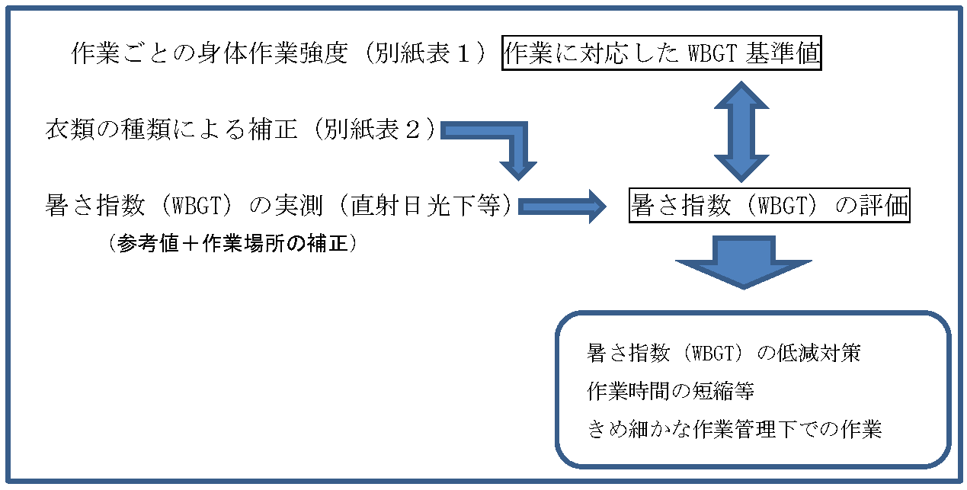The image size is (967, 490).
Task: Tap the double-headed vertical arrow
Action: [x=741, y=132]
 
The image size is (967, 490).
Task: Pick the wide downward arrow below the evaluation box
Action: [x=744, y=262]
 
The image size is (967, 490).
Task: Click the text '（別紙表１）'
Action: [x=425, y=53]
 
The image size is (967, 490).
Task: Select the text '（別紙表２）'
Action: [x=374, y=129]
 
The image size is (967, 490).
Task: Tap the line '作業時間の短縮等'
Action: [x=671, y=391]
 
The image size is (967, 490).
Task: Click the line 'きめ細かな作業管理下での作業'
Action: [x=734, y=429]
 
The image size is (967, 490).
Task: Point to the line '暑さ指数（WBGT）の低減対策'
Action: [x=723, y=353]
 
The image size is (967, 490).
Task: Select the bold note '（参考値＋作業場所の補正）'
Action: [x=233, y=244]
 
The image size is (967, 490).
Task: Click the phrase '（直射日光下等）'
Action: [x=426, y=205]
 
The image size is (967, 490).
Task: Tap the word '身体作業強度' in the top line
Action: [x=272, y=53]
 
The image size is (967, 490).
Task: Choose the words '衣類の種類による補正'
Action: [x=171, y=129]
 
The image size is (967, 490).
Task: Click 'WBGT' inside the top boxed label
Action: [x=712, y=53]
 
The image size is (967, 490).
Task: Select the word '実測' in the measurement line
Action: [x=299, y=205]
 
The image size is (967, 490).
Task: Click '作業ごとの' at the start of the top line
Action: [x=133, y=53]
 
